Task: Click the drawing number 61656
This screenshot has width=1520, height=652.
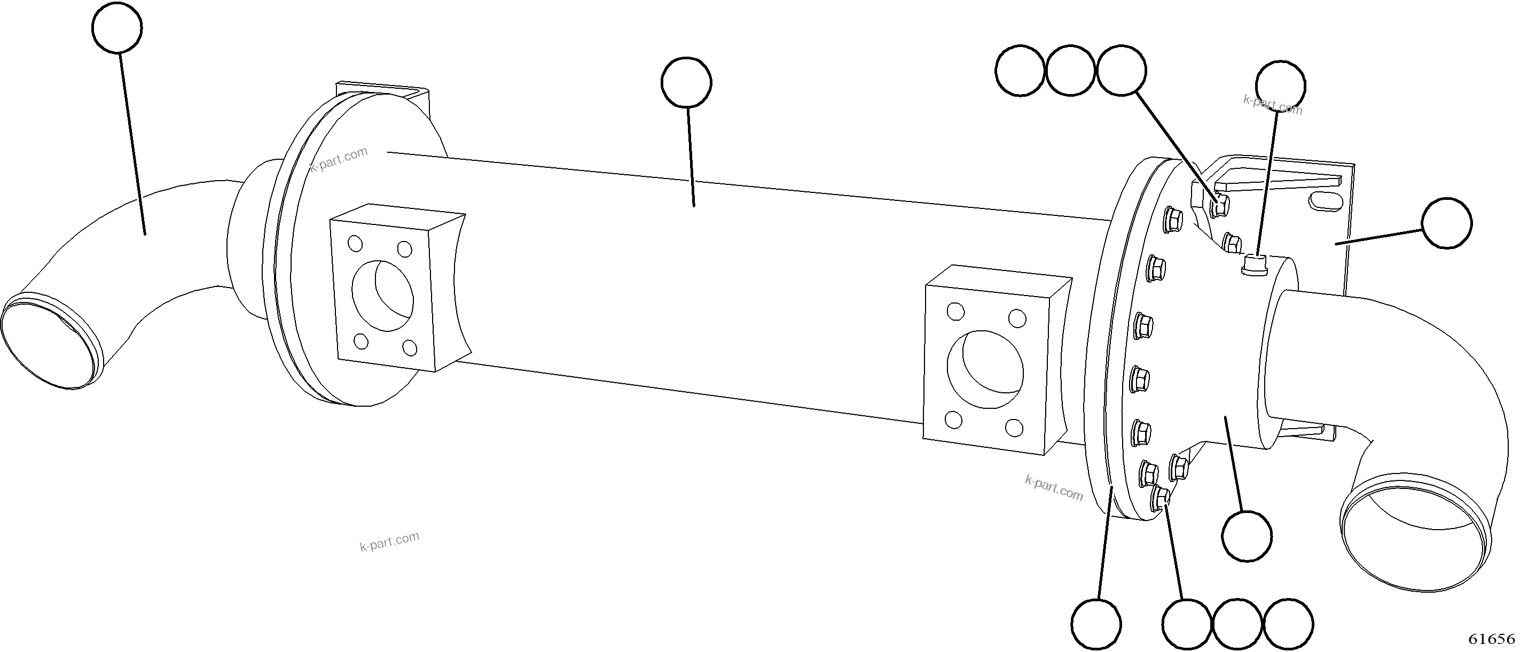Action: point(1491,639)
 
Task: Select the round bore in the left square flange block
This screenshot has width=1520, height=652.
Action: point(382,296)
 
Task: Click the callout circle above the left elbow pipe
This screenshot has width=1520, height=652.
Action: point(117,27)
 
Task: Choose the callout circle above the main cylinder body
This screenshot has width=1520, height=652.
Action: point(686,82)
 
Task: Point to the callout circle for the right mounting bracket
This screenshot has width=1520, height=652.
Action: point(1447,223)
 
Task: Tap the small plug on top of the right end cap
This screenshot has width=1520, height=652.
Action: point(1255,264)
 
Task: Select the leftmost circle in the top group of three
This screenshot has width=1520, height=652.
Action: point(1020,71)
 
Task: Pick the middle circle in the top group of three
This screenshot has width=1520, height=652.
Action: point(1070,71)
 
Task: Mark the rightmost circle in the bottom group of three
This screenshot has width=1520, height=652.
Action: point(1289,624)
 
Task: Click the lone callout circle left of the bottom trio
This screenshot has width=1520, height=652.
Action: point(1096,624)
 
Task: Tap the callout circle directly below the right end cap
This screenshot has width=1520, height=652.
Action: point(1247,536)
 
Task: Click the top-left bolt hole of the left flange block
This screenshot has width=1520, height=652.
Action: point(355,243)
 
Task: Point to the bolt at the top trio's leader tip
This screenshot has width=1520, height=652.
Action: point(1219,206)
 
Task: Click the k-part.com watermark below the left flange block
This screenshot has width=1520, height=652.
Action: point(389,541)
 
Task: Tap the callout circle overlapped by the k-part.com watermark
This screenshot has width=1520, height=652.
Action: point(1280,86)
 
